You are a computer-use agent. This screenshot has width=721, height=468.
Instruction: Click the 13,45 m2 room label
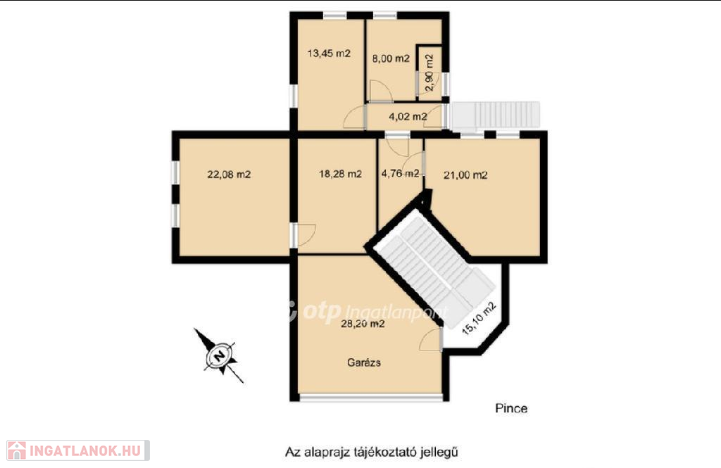point(329,53)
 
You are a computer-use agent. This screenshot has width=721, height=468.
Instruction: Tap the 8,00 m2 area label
point(391,58)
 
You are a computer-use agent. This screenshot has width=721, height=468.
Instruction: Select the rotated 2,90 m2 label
point(430,72)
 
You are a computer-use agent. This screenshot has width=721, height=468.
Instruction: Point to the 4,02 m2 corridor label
point(408,117)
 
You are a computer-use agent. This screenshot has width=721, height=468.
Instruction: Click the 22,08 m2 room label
point(229,175)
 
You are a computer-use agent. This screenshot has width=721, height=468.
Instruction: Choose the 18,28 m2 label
point(340,174)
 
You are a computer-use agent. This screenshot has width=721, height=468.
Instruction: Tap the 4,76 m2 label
point(400,173)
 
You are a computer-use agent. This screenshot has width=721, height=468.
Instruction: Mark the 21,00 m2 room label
point(465,175)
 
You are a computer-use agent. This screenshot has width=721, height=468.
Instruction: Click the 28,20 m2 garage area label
point(363,324)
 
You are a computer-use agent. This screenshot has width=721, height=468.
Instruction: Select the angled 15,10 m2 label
point(479,318)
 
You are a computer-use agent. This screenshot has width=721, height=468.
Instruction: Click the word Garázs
point(364,362)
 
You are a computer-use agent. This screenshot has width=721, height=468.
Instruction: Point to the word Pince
point(511,408)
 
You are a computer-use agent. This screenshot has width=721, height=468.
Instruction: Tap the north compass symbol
point(220,355)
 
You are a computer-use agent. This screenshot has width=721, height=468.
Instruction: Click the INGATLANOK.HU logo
point(77,450)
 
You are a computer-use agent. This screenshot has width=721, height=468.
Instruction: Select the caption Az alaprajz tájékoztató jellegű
point(372,452)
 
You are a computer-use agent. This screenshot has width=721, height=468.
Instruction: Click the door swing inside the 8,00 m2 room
point(380,90)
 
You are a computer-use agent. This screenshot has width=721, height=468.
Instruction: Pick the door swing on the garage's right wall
point(430,340)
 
